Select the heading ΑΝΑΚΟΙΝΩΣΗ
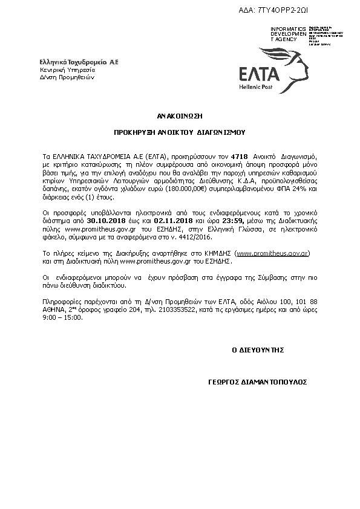point(180,114)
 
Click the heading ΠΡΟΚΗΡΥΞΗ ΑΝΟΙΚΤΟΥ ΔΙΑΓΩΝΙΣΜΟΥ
point(180,131)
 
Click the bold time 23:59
point(212,222)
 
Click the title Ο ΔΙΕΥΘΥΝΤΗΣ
point(258,350)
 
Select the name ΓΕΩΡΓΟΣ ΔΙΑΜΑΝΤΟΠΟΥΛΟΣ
point(257,382)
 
